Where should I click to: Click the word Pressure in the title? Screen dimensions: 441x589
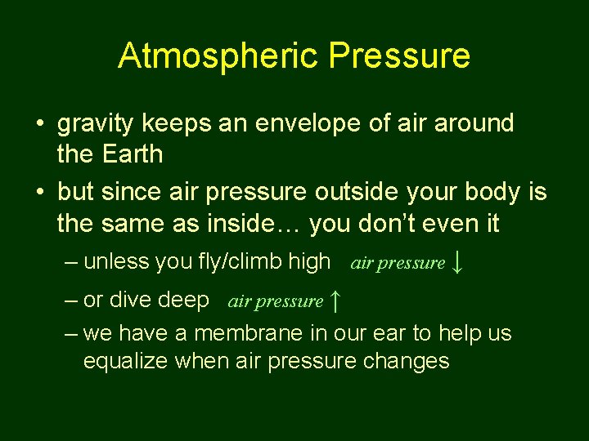click(399, 56)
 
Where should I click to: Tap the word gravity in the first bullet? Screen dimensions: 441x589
click(98, 125)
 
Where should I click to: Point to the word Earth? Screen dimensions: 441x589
click(133, 154)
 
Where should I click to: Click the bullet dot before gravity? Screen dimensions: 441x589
click(39, 125)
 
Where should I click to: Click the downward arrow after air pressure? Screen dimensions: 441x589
click(458, 262)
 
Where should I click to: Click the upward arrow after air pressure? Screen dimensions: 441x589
click(335, 301)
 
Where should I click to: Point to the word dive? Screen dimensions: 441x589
click(127, 301)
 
